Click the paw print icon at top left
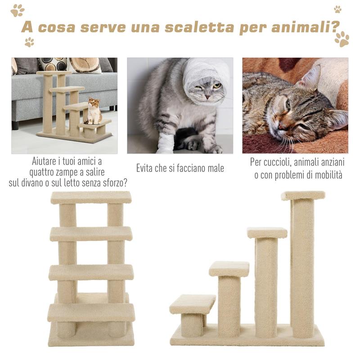18,10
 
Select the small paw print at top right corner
337,9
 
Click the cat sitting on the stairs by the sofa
94,111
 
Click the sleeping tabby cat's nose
278,126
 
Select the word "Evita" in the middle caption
146,168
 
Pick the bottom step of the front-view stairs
91,312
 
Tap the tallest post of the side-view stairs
302,265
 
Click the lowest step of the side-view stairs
192,304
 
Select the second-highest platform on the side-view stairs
267,233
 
